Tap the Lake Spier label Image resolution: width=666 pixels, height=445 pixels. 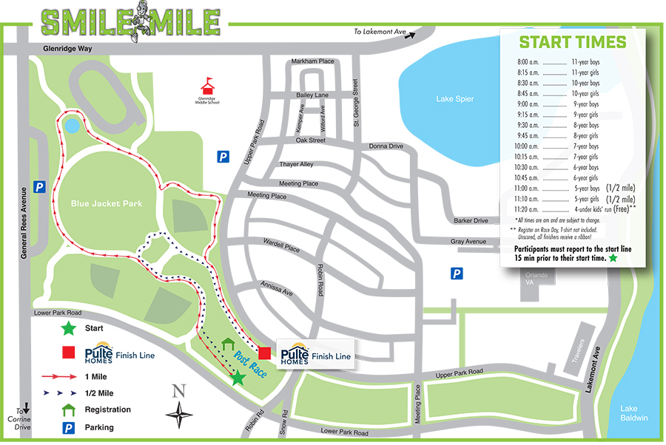(454, 99)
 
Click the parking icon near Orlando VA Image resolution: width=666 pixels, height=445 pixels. (457, 274)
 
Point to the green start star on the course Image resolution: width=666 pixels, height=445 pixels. (238, 378)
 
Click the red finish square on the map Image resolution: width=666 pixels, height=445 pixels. (263, 351)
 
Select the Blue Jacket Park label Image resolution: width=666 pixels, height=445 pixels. (107, 203)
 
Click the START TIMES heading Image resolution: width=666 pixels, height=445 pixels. (572, 42)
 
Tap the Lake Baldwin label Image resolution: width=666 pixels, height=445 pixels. (634, 413)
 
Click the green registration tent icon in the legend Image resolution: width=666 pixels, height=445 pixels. (68, 409)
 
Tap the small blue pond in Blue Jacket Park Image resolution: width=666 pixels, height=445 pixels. (72, 126)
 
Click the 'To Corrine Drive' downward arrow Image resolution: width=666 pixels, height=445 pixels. (26, 407)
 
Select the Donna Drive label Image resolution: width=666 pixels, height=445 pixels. (386, 146)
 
